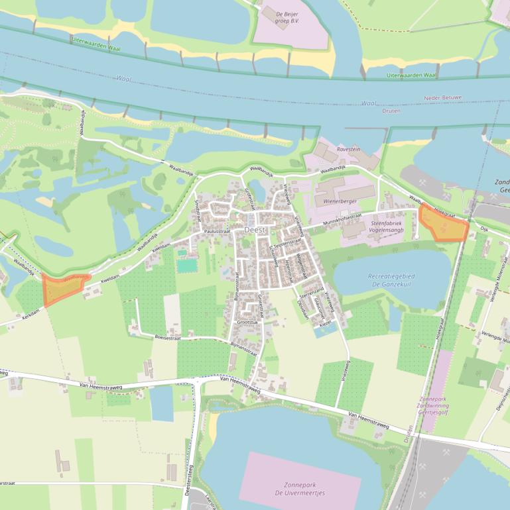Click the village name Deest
(x=255, y=229)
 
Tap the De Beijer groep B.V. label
(x=288, y=17)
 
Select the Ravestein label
(x=348, y=149)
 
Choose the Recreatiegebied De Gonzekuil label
(x=390, y=280)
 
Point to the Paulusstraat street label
(x=218, y=231)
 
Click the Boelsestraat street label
(x=168, y=337)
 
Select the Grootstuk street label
(x=248, y=323)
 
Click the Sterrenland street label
(x=312, y=291)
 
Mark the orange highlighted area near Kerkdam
(x=62, y=289)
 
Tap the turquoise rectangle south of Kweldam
(x=187, y=266)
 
